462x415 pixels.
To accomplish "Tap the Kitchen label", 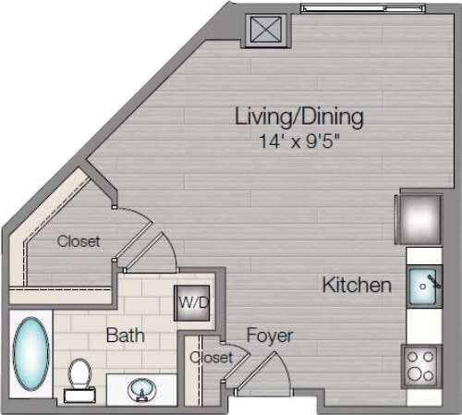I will point(357,286).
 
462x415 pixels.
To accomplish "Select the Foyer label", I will point(270,336).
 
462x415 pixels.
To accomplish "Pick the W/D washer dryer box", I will point(192,300).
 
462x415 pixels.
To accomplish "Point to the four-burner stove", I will point(421,365).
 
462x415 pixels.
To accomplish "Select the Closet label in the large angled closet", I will point(79,241).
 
